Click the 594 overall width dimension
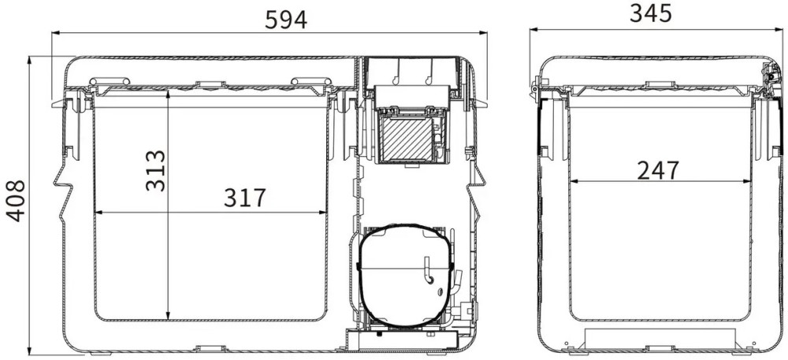285,20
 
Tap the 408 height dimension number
16,201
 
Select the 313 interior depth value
155,171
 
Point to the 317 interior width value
244,198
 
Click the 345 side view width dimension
651,13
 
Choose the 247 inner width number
658,171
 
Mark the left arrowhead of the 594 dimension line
56,33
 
